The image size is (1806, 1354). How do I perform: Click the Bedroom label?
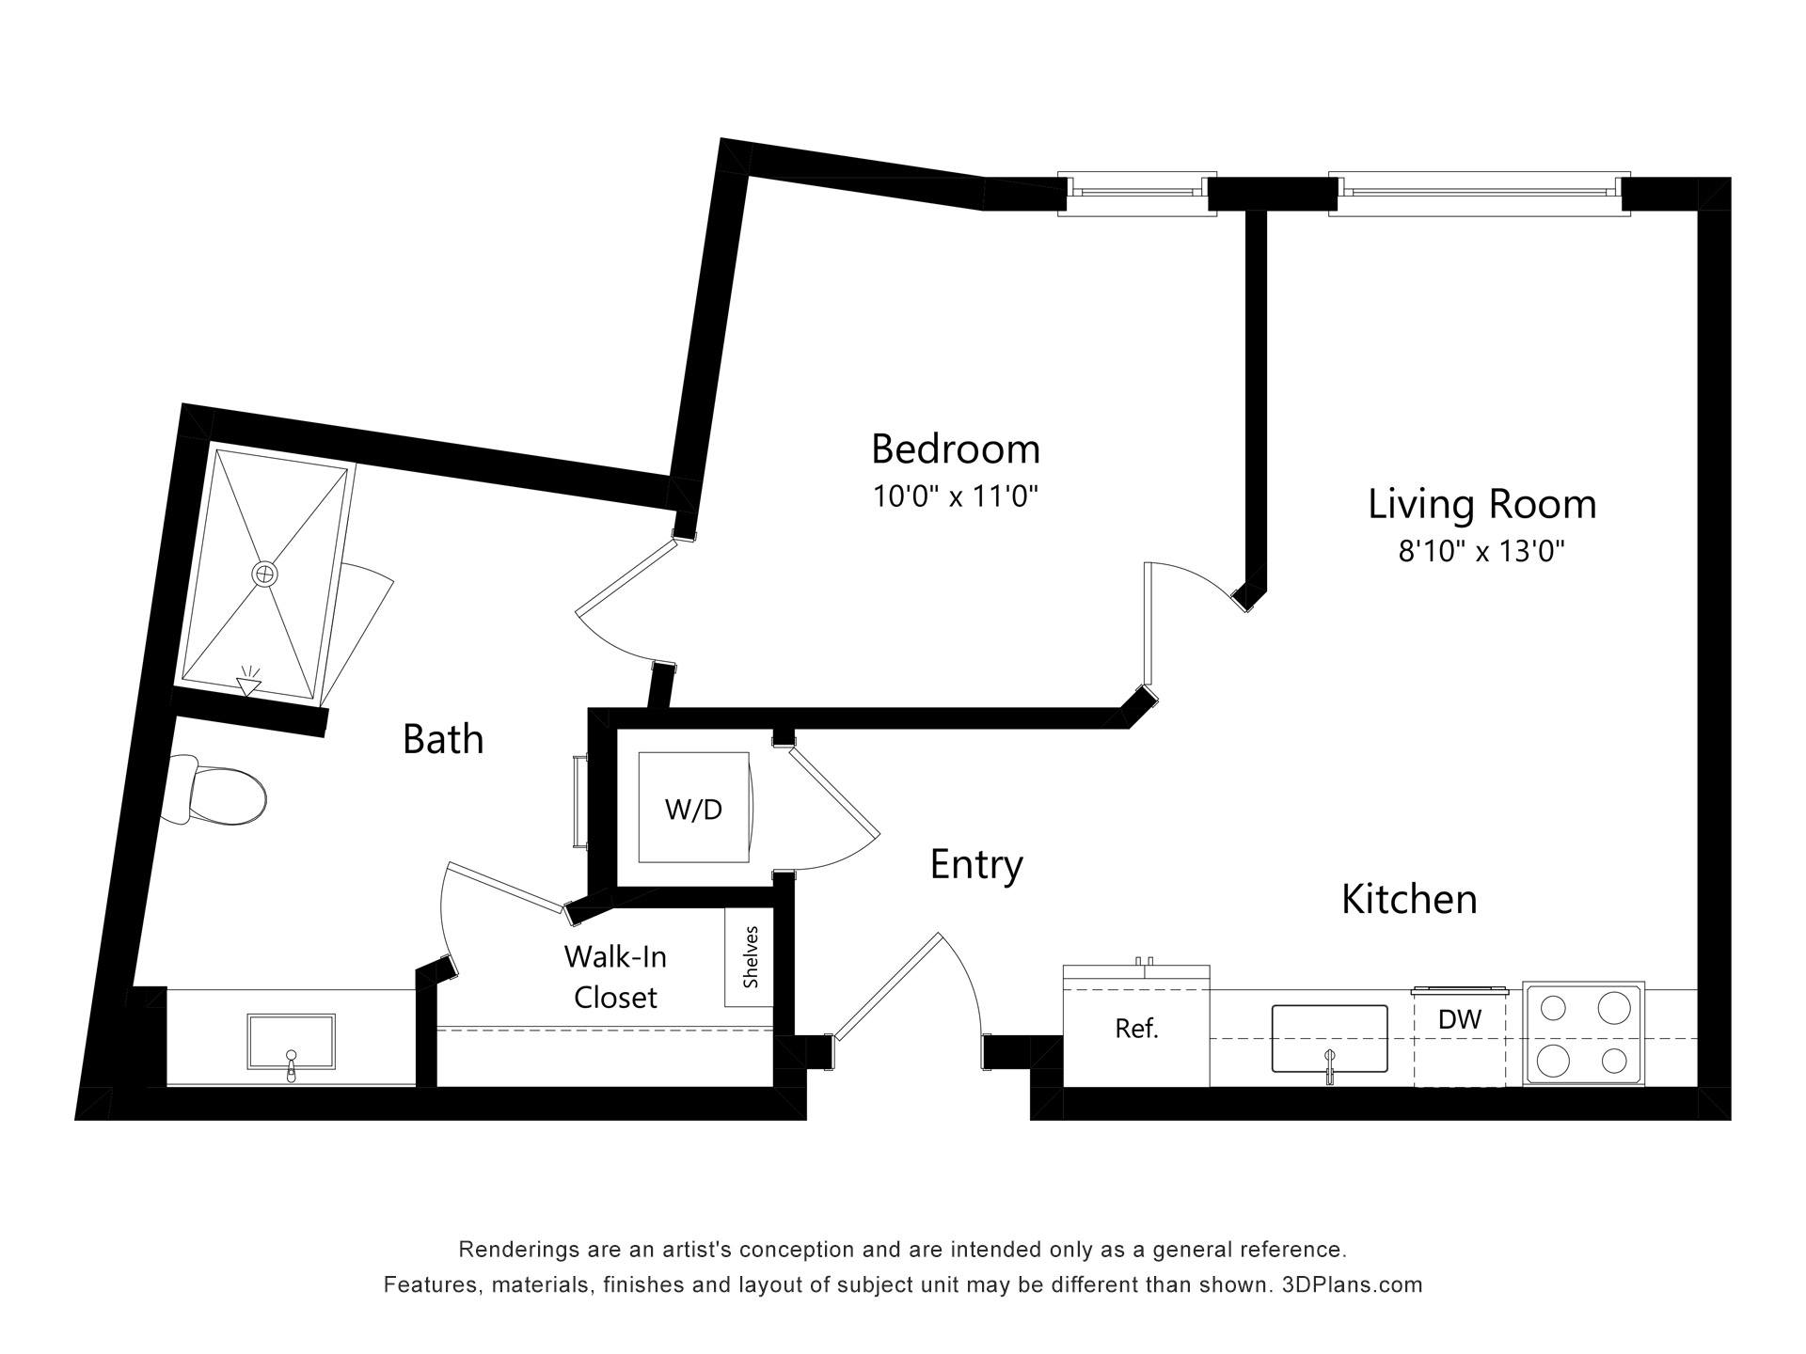[956, 449]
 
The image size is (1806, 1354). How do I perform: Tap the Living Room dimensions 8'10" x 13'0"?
[1481, 550]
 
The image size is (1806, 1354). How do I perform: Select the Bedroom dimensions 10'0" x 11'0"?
[955, 496]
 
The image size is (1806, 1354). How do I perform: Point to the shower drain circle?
[265, 573]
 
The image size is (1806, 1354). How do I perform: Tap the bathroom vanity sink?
[291, 1042]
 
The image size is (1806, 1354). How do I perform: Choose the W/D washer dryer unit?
[694, 807]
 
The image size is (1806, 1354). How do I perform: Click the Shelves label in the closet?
[751, 957]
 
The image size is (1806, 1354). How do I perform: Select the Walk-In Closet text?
[615, 977]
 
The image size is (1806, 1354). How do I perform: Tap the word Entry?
[976, 864]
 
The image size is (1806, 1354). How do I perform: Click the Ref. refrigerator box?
[1136, 1029]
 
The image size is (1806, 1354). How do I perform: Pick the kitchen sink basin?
[1329, 1039]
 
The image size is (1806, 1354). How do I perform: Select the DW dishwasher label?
[1460, 1018]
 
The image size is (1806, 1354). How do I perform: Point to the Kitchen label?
[1409, 900]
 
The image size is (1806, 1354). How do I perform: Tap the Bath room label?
[443, 739]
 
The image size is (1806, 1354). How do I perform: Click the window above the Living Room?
[1479, 194]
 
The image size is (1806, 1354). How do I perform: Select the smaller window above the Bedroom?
[1136, 194]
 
